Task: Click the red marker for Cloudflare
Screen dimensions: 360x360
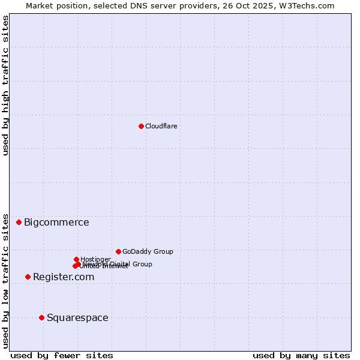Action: point(141,126)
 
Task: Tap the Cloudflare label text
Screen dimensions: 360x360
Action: point(161,126)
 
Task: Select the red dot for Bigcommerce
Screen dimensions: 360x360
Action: point(19,222)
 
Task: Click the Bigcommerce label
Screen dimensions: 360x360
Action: point(56,223)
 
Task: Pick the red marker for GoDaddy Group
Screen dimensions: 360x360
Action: point(118,251)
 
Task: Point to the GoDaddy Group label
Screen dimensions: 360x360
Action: point(148,252)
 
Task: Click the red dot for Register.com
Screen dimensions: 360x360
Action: point(28,277)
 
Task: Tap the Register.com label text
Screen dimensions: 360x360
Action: point(64,277)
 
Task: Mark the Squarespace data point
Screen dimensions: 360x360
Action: point(41,317)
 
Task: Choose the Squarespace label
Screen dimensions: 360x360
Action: point(77,318)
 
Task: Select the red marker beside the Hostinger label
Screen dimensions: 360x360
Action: point(76,259)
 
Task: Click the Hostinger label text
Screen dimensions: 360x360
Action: point(95,259)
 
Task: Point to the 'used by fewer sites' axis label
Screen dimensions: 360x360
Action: point(62,355)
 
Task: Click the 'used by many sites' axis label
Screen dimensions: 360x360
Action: point(301,355)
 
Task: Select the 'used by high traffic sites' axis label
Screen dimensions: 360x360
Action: point(6,85)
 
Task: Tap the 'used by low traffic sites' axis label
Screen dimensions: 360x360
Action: point(6,280)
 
